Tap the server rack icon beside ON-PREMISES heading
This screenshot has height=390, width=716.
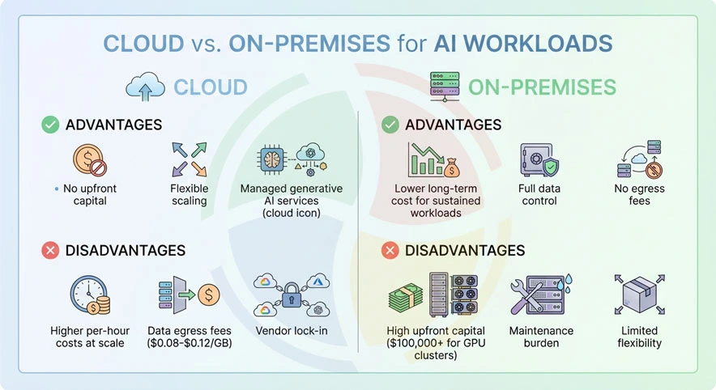point(444,87)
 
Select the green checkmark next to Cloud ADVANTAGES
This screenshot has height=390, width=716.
point(50,125)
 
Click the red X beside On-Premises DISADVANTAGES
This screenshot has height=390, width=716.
point(390,251)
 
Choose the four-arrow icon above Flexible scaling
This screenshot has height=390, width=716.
point(189,159)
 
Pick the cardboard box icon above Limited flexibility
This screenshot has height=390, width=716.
point(639,295)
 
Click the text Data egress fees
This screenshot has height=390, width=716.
point(190,331)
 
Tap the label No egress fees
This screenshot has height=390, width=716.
point(639,194)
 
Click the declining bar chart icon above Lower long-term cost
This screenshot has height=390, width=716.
point(429,159)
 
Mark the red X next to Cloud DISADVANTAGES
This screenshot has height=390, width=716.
point(50,251)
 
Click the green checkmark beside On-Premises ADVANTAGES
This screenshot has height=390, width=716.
point(390,125)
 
